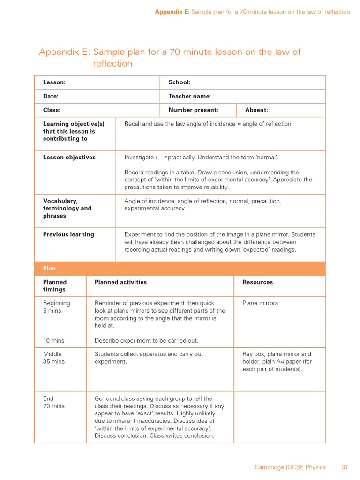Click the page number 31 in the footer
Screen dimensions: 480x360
[345, 467]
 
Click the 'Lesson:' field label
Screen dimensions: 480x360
[54, 82]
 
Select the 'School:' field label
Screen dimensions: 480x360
[179, 82]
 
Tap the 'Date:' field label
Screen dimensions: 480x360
[51, 96]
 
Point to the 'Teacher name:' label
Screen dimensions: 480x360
[189, 96]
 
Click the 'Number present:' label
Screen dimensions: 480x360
[193, 110]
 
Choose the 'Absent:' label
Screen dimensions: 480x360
[256, 110]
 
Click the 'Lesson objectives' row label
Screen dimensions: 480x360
[69, 157]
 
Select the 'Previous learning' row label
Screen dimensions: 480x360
[68, 234]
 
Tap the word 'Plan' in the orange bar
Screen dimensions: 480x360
[49, 269]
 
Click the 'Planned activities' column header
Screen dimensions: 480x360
[120, 282]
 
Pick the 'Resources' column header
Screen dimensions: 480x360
[257, 282]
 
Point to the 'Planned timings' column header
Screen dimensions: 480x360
[55, 286]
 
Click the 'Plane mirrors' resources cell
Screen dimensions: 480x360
[260, 303]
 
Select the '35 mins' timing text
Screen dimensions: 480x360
[53, 362]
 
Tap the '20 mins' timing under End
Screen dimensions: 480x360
[53, 406]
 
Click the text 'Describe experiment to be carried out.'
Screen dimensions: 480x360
[146, 340]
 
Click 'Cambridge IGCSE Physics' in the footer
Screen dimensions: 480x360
[290, 467]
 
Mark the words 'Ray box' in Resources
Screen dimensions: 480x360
[253, 354]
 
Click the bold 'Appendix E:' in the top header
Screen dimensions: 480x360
[172, 12]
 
